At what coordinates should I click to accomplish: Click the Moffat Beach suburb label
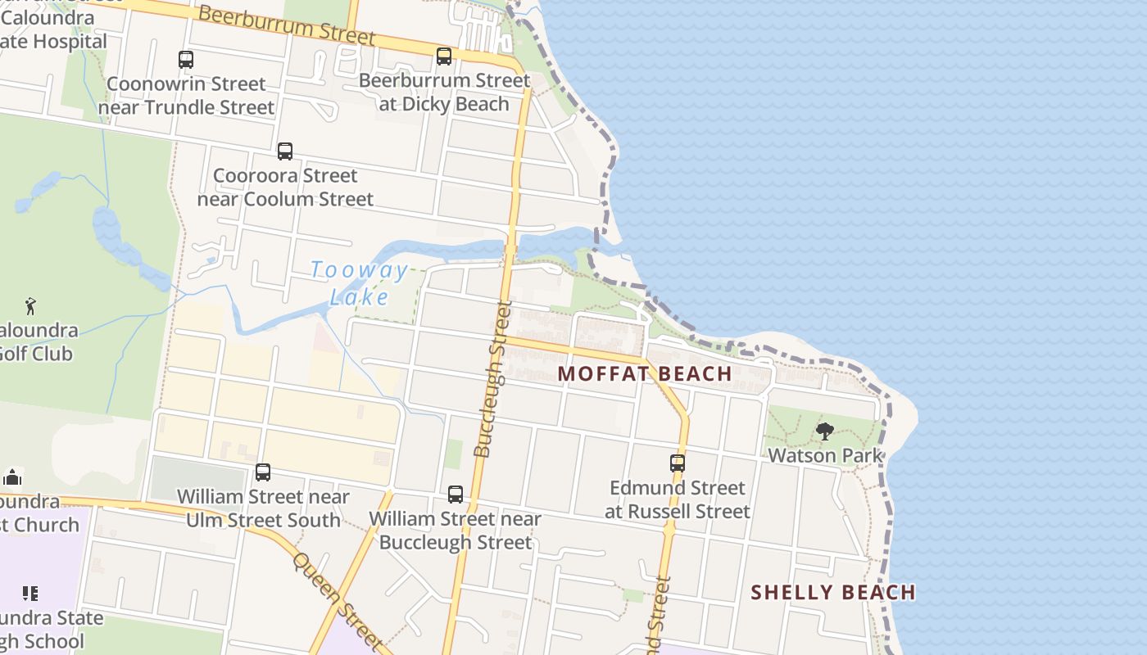pos(645,373)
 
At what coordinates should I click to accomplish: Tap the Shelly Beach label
pos(832,592)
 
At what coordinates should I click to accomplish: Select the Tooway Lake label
pos(360,283)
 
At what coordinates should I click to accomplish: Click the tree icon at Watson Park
pos(825,431)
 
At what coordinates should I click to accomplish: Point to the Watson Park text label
pos(825,455)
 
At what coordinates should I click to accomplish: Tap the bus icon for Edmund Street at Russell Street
pos(678,463)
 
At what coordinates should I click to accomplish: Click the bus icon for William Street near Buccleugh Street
pos(455,495)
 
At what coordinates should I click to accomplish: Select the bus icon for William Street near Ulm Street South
pos(262,472)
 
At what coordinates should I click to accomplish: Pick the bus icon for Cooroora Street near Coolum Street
pos(284,151)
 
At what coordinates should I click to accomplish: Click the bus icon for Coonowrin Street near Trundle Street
pos(186,60)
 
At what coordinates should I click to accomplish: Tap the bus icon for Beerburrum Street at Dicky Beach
pos(444,56)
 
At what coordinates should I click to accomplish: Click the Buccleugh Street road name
pos(493,378)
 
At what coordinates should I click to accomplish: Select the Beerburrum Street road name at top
pos(287,25)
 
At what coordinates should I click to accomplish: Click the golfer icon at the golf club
pos(30,306)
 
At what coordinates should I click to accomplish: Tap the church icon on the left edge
pos(12,477)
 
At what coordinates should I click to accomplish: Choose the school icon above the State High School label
pos(30,593)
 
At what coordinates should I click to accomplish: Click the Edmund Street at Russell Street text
pos(678,499)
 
